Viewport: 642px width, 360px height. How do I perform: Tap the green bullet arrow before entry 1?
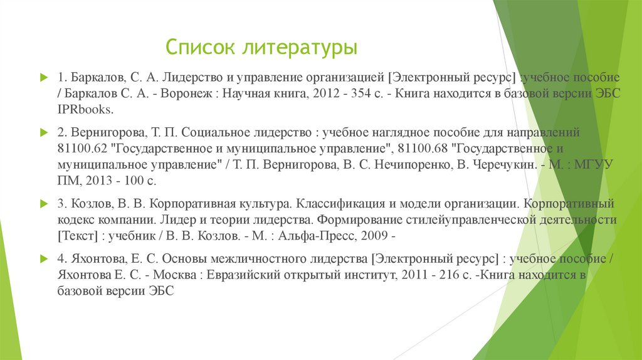click(43, 77)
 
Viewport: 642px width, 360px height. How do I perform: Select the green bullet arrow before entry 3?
click(43, 204)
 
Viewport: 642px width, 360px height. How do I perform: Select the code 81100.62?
click(79, 149)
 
